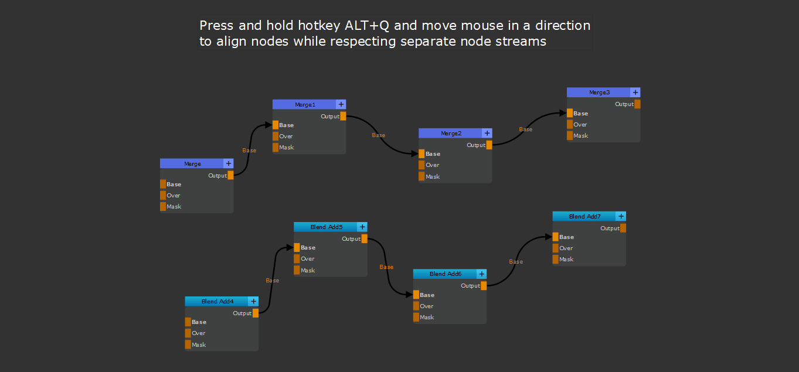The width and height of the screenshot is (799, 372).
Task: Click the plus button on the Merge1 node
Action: pos(341,104)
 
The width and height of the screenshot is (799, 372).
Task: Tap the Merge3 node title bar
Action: pos(599,93)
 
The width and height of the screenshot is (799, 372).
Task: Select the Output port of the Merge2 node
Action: pos(489,145)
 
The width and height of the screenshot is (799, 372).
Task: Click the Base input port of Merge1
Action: pos(276,125)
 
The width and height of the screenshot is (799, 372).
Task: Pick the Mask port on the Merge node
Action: pos(163,206)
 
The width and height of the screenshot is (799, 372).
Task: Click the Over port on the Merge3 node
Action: pos(570,124)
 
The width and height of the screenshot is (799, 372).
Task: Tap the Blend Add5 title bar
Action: pos(326,227)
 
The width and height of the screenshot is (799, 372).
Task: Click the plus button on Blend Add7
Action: pos(621,216)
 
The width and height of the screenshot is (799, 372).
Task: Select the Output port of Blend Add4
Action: pos(256,313)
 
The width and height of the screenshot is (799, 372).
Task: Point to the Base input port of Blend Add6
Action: pos(416,295)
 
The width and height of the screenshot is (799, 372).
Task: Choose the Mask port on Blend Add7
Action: pos(556,259)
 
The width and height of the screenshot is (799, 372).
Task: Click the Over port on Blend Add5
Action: pos(297,258)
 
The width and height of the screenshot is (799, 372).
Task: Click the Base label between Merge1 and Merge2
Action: pos(379,135)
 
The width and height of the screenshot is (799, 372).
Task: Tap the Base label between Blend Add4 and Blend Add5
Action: pos(273,281)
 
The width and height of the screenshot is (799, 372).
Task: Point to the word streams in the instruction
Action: pos(521,42)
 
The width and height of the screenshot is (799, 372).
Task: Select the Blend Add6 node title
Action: pos(446,274)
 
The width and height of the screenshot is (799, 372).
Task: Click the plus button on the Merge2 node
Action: pos(487,133)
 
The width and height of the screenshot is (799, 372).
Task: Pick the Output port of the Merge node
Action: pos(230,175)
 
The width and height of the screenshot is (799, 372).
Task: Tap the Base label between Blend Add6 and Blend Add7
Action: pos(516,262)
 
